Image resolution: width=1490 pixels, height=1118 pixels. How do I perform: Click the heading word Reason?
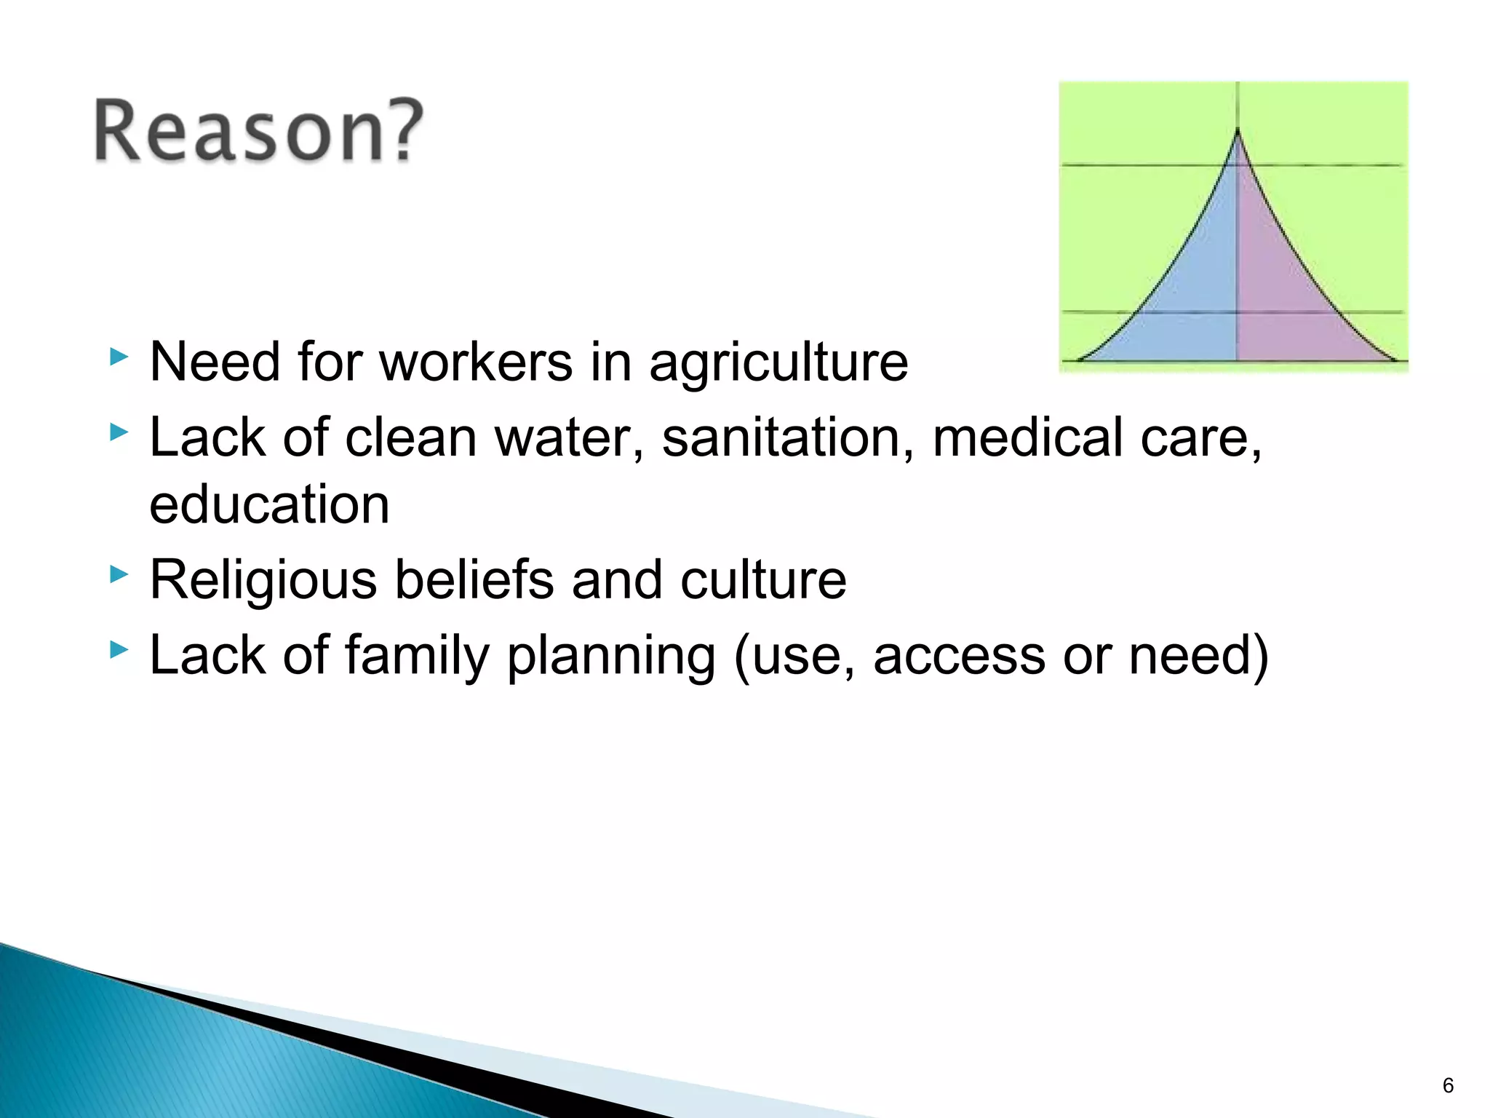(x=258, y=131)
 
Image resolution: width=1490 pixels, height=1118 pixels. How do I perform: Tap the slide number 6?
(x=1448, y=1086)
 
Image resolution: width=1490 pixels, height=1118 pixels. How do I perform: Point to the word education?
(x=269, y=504)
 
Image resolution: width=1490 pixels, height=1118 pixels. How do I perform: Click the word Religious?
(x=263, y=581)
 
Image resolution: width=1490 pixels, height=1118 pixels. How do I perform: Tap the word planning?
(x=611, y=657)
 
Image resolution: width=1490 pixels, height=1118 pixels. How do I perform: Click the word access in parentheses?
(x=959, y=657)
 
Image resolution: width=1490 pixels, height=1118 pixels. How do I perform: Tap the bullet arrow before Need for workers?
(x=119, y=357)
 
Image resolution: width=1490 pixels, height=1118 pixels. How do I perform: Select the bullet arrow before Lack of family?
(x=119, y=650)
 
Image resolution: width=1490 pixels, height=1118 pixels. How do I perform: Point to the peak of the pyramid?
(x=1238, y=131)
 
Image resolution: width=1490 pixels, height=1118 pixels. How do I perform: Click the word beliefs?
(x=474, y=580)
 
